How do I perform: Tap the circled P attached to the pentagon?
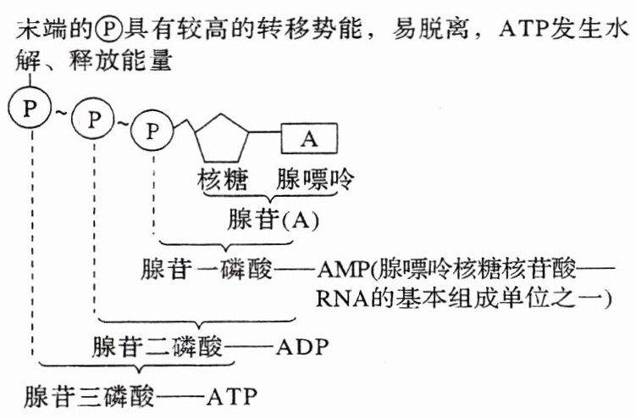(x=153, y=130)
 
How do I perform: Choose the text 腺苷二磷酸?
(x=155, y=349)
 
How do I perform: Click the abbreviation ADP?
(x=302, y=349)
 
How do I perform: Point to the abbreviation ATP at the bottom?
(x=232, y=396)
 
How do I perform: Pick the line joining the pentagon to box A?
(x=265, y=132)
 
